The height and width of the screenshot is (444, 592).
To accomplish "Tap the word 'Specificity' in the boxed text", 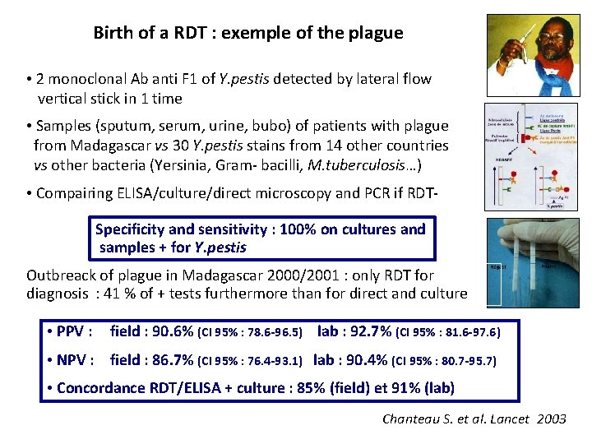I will tap(136, 229).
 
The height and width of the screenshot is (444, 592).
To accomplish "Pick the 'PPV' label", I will tap(75, 332).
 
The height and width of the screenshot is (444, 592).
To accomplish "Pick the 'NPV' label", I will tap(76, 359).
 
